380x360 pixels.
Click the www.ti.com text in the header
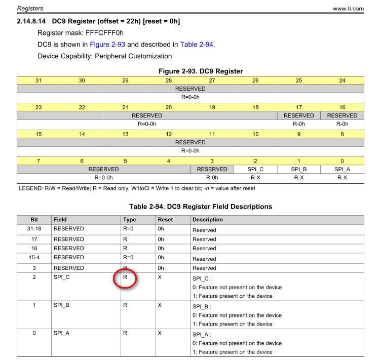point(348,9)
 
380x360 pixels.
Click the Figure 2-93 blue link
point(107,45)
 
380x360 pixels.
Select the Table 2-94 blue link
point(197,45)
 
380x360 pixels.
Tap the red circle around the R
point(125,278)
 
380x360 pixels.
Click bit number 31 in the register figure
point(39,81)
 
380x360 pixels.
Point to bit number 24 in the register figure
point(342,81)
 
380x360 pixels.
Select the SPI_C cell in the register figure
point(255,169)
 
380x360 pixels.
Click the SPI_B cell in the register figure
point(299,169)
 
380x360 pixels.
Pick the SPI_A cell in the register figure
point(342,169)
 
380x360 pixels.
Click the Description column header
point(207,220)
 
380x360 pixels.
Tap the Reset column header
point(165,220)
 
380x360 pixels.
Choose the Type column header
point(129,220)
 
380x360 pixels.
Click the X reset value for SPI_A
point(160,334)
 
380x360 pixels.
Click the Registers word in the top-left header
point(30,9)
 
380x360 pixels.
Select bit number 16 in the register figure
point(342,107)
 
